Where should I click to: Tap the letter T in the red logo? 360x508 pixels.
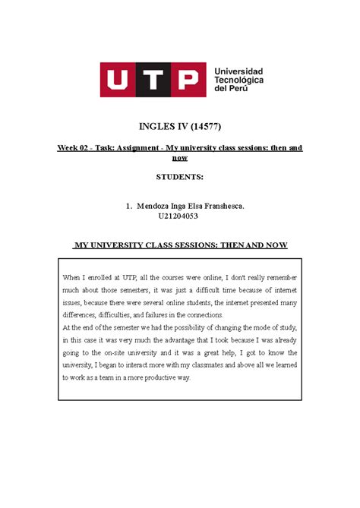(156, 79)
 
